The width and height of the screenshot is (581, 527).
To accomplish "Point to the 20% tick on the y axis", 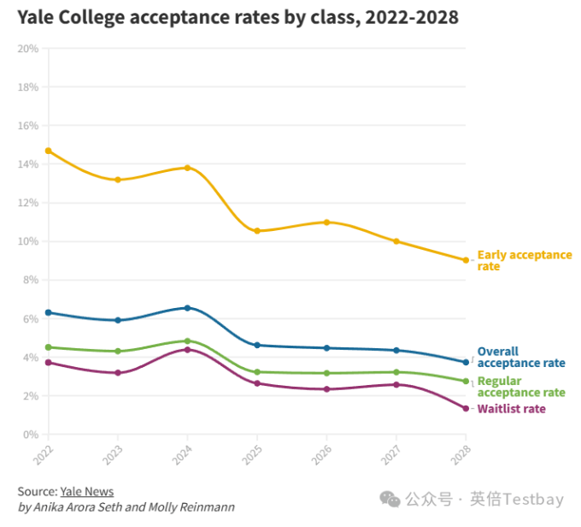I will [x=28, y=49].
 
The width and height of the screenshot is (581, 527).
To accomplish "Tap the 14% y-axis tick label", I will [x=28, y=164].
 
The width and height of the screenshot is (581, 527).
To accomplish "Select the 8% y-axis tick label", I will [x=30, y=280].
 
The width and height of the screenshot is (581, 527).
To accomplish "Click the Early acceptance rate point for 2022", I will [x=49, y=151].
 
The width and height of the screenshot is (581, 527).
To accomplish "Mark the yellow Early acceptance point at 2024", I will [x=188, y=168].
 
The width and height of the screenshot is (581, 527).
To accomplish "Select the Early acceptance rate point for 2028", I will [x=466, y=260].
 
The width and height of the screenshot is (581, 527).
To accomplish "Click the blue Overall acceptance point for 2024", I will [x=188, y=308].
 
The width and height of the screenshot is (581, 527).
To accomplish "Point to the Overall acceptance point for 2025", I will [x=257, y=345].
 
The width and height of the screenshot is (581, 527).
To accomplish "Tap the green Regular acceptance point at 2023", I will [x=118, y=351].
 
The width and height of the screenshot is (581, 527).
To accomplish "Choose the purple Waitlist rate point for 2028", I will [x=466, y=408].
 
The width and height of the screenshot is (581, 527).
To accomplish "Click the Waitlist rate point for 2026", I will [x=326, y=389].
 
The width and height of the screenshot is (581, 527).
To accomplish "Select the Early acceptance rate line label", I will [x=524, y=260].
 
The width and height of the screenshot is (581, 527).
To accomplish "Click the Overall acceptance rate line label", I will [x=520, y=357].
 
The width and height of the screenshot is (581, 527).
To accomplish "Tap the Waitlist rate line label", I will [x=511, y=409].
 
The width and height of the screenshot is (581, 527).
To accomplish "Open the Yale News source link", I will [x=86, y=491].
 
